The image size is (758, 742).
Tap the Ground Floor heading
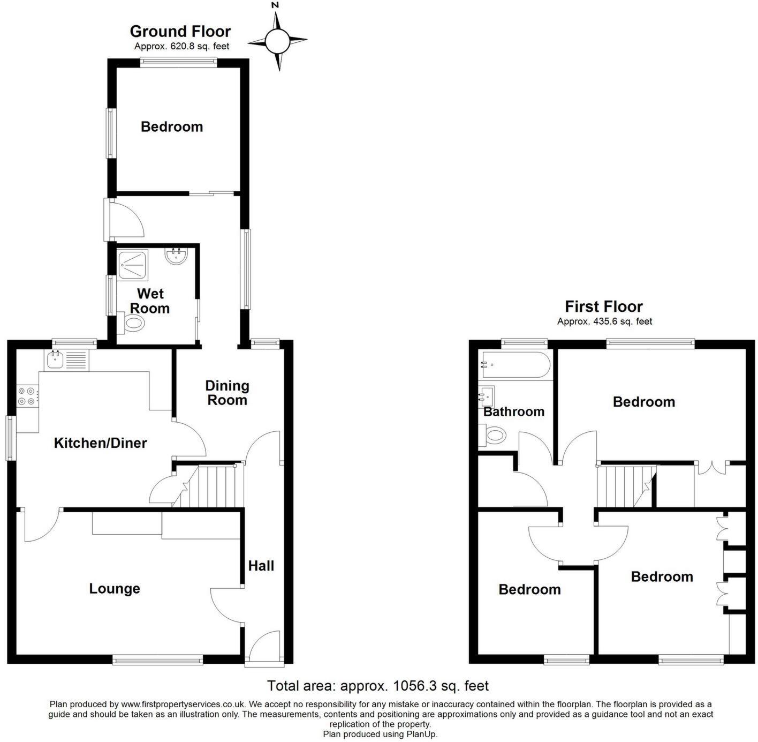pos(180,31)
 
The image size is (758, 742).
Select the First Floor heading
pos(603,306)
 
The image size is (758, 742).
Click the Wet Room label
pos(150,301)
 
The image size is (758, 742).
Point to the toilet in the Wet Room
pos(131,323)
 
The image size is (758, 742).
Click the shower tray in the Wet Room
pos(133,265)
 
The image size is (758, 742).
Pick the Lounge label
pos(115,588)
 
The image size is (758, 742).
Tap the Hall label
pos(261,566)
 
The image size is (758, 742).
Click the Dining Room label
pos(227,393)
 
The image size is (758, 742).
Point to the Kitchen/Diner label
pos(100,443)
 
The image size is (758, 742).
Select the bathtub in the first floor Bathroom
pos(516,364)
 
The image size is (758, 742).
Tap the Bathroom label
pos(514,412)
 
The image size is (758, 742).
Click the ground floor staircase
pos(208,485)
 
